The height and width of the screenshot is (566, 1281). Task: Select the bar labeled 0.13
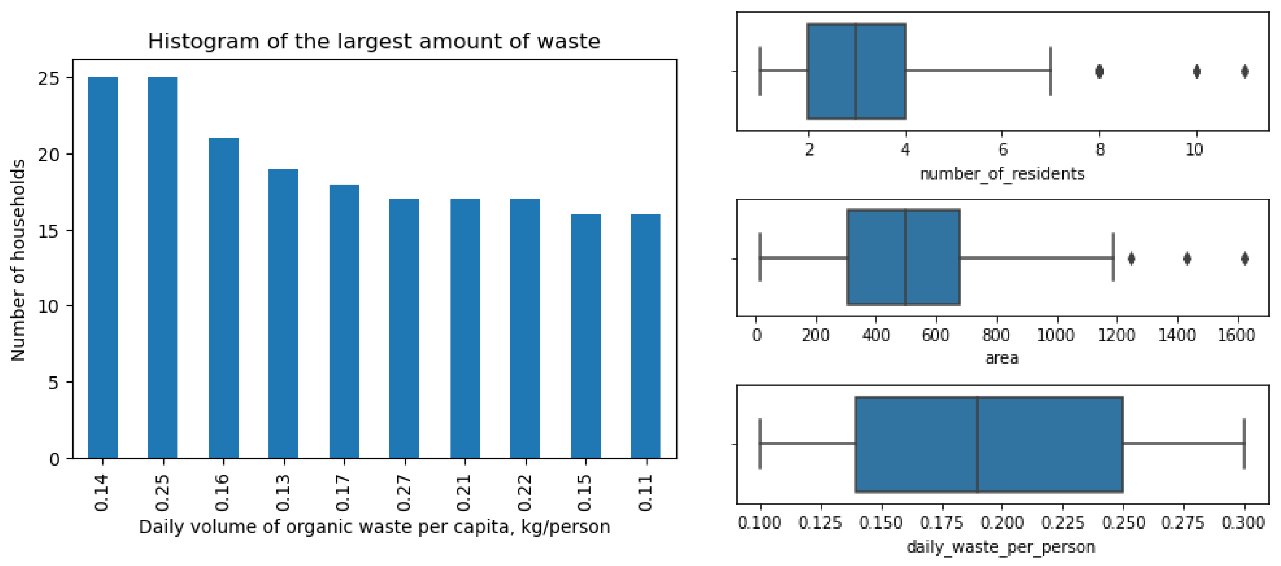tap(283, 313)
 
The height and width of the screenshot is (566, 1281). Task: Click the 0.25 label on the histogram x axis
tap(163, 493)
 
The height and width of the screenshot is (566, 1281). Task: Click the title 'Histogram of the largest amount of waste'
tap(374, 41)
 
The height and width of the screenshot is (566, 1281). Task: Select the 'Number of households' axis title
tap(19, 260)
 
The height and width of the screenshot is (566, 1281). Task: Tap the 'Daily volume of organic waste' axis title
tap(374, 527)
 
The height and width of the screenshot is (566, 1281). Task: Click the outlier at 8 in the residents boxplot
tap(1100, 71)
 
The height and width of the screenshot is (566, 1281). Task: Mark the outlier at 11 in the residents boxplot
tap(1245, 71)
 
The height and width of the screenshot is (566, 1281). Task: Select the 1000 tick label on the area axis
tap(1055, 335)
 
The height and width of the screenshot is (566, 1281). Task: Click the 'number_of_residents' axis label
tap(1002, 174)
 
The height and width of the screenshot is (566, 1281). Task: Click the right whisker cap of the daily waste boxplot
tap(1244, 444)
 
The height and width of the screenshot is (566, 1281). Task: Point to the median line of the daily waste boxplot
tap(977, 444)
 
